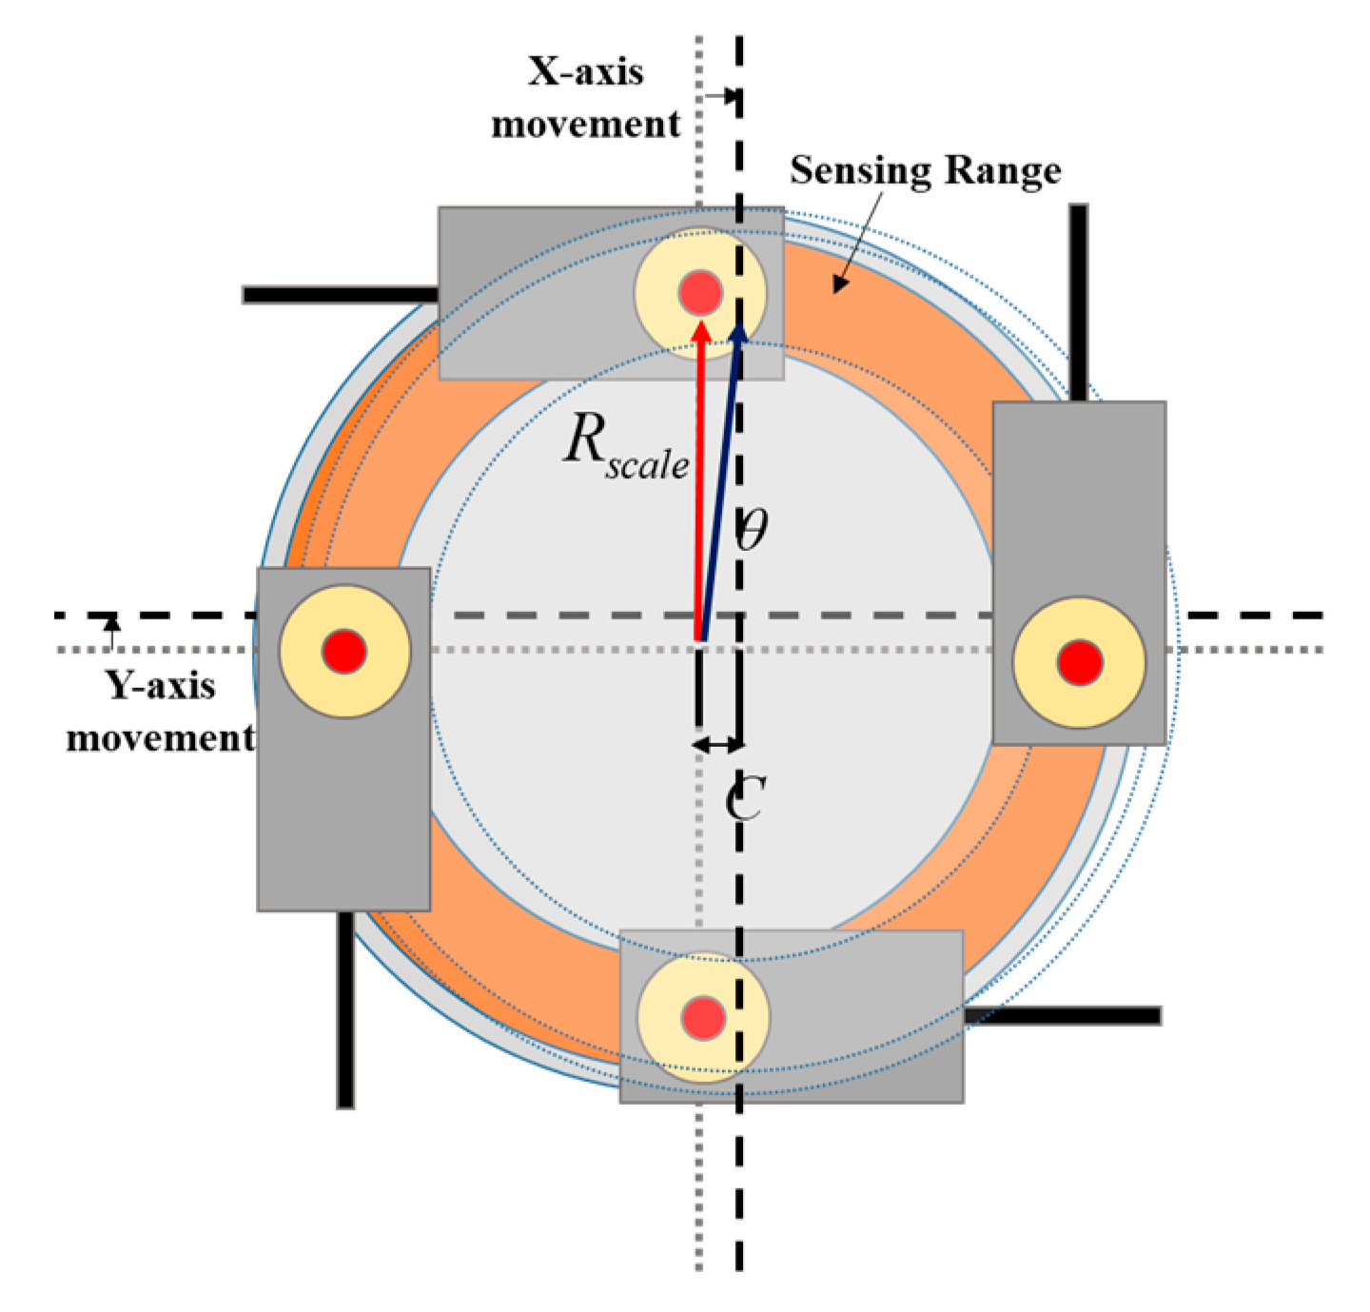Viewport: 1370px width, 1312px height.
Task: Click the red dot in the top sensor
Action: point(700,293)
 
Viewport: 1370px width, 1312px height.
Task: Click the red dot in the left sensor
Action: point(344,652)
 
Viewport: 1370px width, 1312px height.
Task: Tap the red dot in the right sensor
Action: point(1080,662)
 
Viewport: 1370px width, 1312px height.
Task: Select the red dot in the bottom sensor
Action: point(704,1017)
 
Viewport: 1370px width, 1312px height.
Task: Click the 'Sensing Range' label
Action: point(925,171)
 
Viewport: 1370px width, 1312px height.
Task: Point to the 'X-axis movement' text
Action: point(585,98)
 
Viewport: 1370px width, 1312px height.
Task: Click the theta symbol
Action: point(752,529)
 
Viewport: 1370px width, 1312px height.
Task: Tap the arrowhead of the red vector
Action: point(701,329)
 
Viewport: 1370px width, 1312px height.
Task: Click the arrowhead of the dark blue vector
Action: point(738,331)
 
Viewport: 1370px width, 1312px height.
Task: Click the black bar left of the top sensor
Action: point(340,295)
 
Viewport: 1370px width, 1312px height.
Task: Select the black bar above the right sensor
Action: point(1078,302)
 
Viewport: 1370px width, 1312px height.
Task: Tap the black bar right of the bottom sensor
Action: point(1062,1015)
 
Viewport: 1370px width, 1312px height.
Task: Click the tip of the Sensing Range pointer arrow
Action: point(837,288)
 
